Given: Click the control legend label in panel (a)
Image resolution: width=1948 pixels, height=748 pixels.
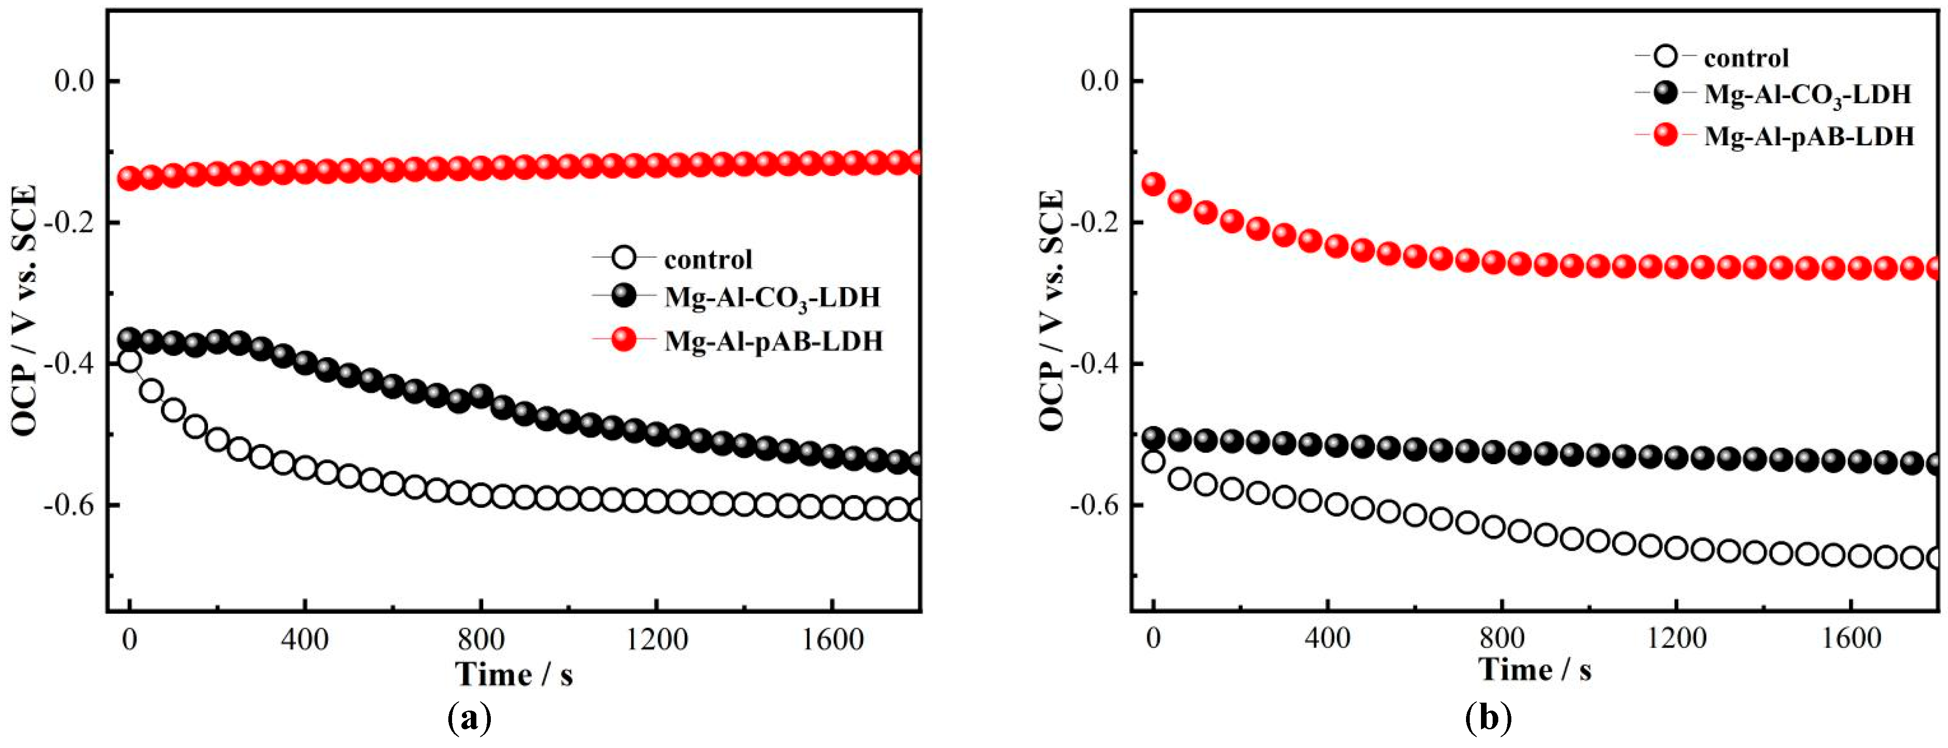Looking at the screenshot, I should (708, 259).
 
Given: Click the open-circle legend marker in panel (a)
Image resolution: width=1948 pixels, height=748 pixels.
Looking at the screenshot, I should (624, 259).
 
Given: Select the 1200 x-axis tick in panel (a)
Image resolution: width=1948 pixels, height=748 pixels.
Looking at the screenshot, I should (656, 640).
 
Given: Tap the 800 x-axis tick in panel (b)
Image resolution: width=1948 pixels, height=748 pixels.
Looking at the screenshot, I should (1501, 638).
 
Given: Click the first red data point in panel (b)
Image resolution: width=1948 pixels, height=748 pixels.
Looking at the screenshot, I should (1154, 184).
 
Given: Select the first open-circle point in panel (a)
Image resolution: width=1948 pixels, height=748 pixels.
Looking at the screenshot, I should (130, 361).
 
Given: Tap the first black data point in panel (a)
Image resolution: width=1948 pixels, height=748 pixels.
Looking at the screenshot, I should (130, 338).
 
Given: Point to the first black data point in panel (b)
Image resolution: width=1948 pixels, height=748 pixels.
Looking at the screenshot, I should (1154, 437).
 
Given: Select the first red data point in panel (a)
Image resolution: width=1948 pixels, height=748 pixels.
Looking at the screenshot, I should (129, 179).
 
